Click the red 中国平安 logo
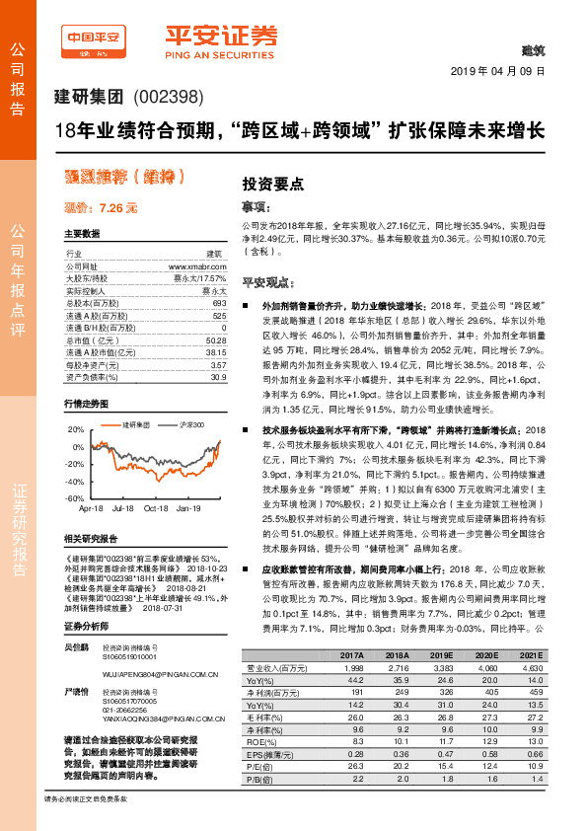pos(92,38)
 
